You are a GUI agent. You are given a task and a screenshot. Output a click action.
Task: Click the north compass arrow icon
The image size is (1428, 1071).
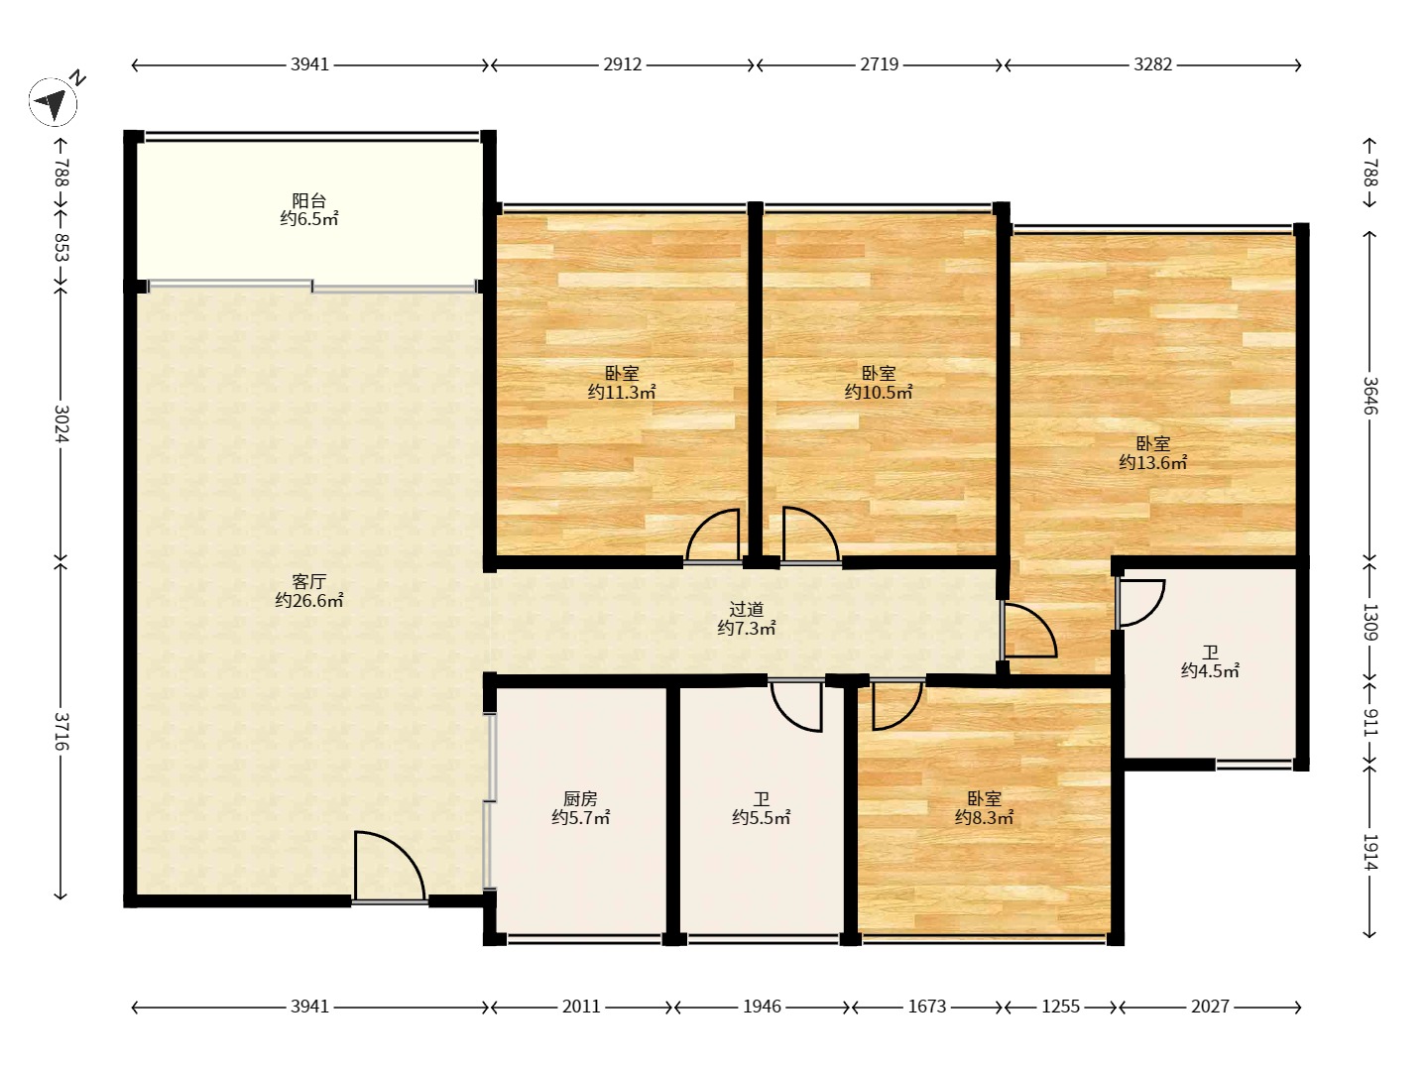pyautogui.click(x=53, y=102)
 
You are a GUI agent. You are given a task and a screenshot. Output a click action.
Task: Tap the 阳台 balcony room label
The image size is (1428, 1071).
pyautogui.click(x=308, y=200)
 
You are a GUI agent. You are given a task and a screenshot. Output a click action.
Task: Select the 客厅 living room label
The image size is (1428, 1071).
pyautogui.click(x=308, y=581)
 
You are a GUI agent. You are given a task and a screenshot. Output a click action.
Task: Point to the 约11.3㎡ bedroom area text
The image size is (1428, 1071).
pyautogui.click(x=622, y=392)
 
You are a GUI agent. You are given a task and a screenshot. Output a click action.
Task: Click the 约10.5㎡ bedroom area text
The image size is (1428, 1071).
pyautogui.click(x=879, y=392)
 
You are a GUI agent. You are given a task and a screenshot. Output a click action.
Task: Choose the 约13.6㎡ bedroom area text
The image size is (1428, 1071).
pyautogui.click(x=1152, y=462)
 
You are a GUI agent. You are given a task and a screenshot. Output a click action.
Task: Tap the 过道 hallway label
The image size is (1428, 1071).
pyautogui.click(x=746, y=609)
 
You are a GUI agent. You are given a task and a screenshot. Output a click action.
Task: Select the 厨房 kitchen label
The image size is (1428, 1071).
pyautogui.click(x=580, y=798)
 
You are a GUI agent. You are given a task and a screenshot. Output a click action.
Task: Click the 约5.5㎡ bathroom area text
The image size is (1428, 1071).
pyautogui.click(x=762, y=817)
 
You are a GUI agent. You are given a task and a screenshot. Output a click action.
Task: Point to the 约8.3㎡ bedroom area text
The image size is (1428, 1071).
pyautogui.click(x=985, y=817)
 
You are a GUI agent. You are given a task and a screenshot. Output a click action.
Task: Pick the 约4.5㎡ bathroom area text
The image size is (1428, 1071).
pyautogui.click(x=1210, y=670)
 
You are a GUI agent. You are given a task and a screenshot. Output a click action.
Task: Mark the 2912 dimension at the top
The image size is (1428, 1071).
pyautogui.click(x=622, y=64)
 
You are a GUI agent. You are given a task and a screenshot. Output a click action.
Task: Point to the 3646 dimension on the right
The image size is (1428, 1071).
pyautogui.click(x=1369, y=396)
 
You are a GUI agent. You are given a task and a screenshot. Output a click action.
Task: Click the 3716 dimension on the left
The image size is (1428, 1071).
pyautogui.click(x=60, y=731)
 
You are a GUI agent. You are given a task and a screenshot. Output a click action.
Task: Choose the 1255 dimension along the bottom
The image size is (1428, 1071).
pyautogui.click(x=1060, y=1007)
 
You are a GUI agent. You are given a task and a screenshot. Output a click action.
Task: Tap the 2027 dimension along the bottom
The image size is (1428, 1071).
pyautogui.click(x=1210, y=1007)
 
